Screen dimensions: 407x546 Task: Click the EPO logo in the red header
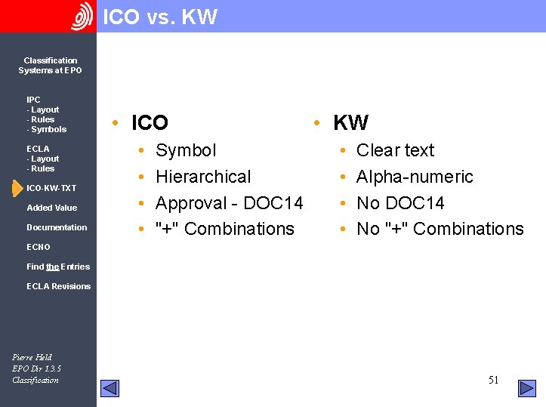click(x=82, y=17)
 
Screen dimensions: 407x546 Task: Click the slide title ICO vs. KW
click(x=159, y=17)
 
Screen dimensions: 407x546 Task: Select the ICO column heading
click(x=150, y=122)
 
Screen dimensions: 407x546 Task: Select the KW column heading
click(x=350, y=122)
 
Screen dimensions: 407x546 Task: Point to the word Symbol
click(x=186, y=150)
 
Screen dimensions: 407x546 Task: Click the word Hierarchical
click(x=203, y=177)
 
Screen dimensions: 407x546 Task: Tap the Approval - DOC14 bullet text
click(x=229, y=203)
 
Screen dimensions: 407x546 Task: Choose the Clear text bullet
click(x=395, y=150)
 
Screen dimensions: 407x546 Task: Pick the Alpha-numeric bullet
click(x=415, y=177)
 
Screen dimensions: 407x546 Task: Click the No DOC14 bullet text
click(x=400, y=203)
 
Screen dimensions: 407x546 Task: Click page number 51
click(x=493, y=380)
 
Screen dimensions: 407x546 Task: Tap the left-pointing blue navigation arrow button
click(x=110, y=388)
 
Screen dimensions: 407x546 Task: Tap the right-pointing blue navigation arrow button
click(x=526, y=388)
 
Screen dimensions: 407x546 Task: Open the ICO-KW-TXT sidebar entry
click(x=51, y=188)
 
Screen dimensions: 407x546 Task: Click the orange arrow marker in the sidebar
click(x=17, y=187)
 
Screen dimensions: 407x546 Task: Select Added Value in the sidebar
click(x=51, y=208)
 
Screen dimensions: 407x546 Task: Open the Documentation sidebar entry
click(x=57, y=227)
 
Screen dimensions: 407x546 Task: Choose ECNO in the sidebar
click(x=39, y=247)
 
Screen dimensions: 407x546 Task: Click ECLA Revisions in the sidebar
click(x=58, y=286)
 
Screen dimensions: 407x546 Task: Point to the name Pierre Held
click(x=32, y=357)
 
